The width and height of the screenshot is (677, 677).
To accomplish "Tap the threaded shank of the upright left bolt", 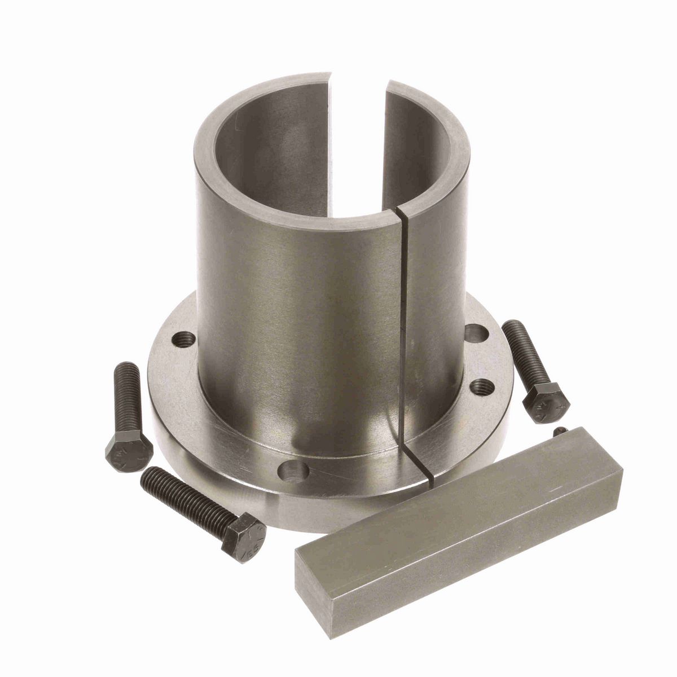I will (x=127, y=395).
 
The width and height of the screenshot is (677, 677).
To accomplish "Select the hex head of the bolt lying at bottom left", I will (x=243, y=533).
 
